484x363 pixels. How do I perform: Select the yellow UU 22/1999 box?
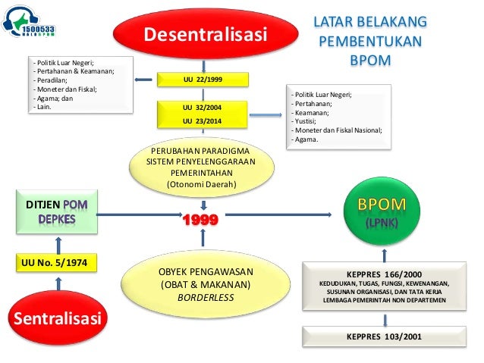[x=203, y=78]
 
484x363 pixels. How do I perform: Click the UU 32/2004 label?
[x=203, y=108]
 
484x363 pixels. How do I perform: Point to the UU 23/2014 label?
[x=203, y=120]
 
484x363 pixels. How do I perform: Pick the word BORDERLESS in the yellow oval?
[x=203, y=298]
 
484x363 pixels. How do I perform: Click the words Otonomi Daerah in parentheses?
[x=203, y=184]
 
